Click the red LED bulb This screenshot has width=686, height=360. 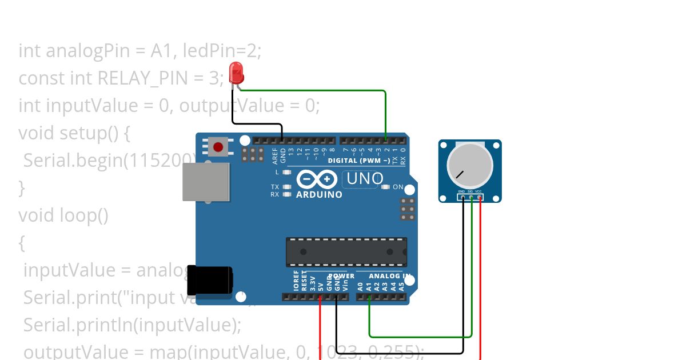236,73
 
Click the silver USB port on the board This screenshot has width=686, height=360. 206,182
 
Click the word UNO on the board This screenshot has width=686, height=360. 365,179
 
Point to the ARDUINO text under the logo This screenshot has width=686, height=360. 319,194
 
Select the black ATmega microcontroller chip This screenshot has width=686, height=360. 346,252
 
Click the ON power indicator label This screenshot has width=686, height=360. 398,187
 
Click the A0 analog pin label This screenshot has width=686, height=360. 360,286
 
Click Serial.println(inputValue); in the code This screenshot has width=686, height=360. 132,325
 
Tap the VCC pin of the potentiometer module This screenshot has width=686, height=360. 479,198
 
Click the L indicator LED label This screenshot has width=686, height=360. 277,172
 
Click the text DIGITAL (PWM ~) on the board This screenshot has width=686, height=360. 358,161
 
